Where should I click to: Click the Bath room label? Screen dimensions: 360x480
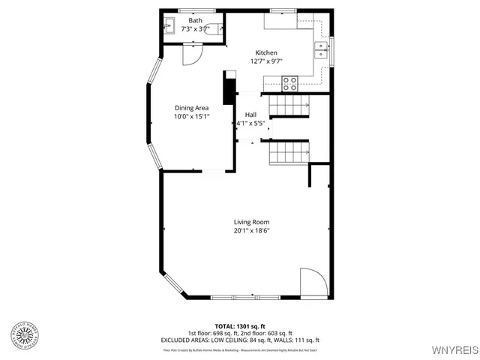click(x=195, y=20)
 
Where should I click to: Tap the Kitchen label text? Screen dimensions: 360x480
click(x=266, y=52)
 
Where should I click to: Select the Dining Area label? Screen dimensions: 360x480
click(x=191, y=108)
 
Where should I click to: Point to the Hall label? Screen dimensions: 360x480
click(x=250, y=114)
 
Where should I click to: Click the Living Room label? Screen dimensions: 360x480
click(x=251, y=222)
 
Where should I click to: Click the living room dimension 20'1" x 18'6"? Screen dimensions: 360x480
click(x=251, y=231)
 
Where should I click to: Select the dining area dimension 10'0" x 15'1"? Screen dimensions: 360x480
click(x=191, y=117)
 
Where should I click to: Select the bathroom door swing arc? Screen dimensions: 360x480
click(x=193, y=54)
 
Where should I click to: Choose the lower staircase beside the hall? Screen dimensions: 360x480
click(x=289, y=154)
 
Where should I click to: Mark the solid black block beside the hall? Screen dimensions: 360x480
click(x=228, y=87)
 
